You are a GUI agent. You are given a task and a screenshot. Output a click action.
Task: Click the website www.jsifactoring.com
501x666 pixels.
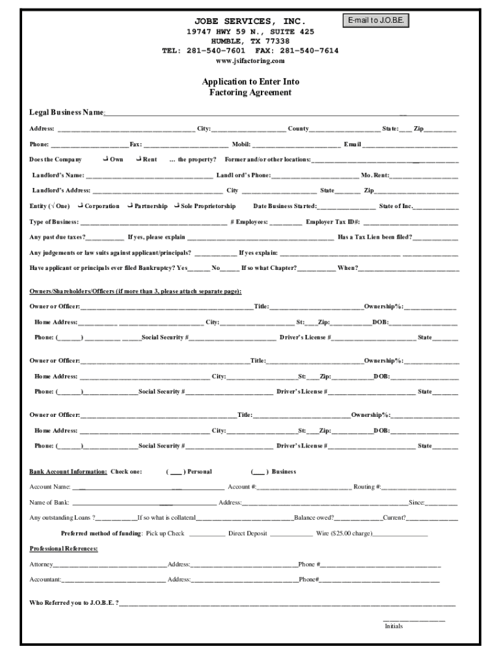point(251,60)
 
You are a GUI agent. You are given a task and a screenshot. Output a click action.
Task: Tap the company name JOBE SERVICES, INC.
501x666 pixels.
point(251,21)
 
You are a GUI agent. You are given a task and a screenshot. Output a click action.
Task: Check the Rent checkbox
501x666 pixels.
point(139,159)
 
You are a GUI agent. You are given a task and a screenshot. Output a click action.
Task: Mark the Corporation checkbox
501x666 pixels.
point(81,206)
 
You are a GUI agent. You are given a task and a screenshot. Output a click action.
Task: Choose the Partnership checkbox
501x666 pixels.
point(130,206)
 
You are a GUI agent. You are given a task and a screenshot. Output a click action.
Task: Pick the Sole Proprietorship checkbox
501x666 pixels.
point(176,206)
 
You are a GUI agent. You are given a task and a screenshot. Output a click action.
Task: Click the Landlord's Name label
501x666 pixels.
point(58,175)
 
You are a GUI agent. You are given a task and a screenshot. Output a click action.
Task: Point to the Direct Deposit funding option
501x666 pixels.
point(247,533)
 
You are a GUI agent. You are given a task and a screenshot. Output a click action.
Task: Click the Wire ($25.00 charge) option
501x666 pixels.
point(344,533)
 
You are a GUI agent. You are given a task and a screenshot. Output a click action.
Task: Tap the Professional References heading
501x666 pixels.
point(64,549)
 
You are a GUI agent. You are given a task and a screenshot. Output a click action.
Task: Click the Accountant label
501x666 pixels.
point(46,579)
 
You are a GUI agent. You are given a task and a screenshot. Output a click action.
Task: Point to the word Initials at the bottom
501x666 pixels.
point(394,626)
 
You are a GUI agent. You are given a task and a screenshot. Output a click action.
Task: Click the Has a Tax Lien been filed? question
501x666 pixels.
point(374,237)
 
